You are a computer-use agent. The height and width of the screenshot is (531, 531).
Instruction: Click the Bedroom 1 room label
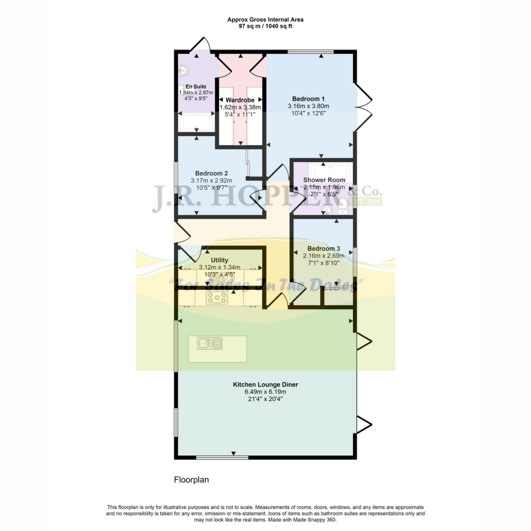[308, 99]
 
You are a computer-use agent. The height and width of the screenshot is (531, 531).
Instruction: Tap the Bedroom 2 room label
[211, 173]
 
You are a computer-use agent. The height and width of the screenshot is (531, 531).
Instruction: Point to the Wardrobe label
[240, 100]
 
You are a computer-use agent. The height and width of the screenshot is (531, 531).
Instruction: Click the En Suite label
[197, 87]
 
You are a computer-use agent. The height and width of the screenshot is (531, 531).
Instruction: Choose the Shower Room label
[324, 180]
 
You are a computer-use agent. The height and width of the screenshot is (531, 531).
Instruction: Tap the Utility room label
[219, 260]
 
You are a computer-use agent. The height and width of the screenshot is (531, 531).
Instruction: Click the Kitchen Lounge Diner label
[265, 384]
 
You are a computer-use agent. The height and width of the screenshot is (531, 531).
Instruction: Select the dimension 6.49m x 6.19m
[265, 392]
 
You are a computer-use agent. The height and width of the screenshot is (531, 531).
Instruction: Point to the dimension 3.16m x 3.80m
[308, 106]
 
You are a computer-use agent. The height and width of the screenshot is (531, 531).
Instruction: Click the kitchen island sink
[210, 343]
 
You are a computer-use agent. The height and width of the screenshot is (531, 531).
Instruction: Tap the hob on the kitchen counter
[217, 298]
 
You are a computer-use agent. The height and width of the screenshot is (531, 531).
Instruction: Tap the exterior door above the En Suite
[200, 46]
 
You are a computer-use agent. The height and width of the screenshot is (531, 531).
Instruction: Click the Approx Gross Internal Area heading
[265, 20]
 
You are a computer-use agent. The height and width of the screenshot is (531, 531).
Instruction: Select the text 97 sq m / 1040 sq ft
[265, 26]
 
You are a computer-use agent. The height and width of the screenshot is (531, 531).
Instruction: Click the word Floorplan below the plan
[191, 480]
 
